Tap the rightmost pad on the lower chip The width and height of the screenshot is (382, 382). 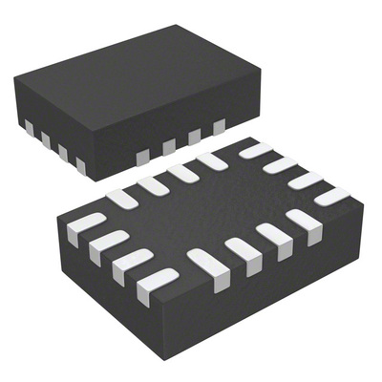tap(331, 196)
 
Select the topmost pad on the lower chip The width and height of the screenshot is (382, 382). tap(255, 150)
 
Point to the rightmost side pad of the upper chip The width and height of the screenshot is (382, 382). tap(220, 125)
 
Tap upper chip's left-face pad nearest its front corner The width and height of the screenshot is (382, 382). tap(81, 166)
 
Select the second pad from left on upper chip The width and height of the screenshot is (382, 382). tap(45, 140)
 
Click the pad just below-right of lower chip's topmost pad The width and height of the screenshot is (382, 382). tap(280, 164)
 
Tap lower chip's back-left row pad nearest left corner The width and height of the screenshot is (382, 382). tap(122, 199)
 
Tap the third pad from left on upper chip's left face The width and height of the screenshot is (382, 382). tap(63, 153)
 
